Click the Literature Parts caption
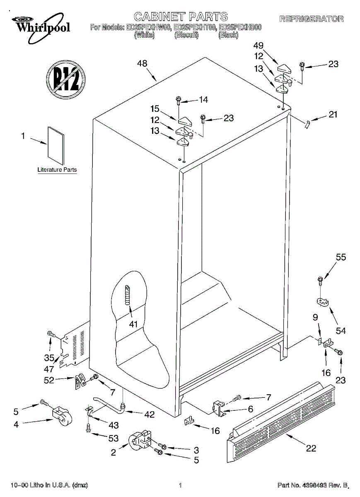point(57,170)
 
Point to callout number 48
point(142,64)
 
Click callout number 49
point(259,45)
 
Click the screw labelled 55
point(320,280)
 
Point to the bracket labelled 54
point(323,303)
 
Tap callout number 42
point(149,414)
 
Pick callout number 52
point(49,380)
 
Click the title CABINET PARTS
point(181,17)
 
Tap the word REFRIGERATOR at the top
point(311,19)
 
